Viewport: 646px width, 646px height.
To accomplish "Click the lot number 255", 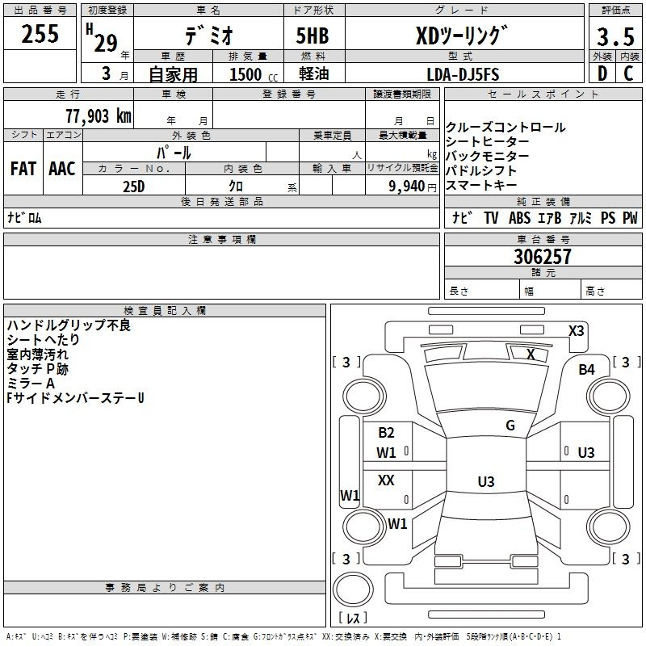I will pos(40,35).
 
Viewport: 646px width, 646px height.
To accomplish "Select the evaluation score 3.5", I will pos(614,38).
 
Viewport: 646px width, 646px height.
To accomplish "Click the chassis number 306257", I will pos(542,257).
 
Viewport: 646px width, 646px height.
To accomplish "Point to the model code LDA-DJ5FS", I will pos(463,74).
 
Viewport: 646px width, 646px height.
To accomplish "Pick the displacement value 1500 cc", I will pos(250,74).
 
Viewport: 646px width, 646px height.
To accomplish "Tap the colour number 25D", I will pos(133,187).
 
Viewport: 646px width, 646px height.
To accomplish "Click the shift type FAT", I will pos(23,169).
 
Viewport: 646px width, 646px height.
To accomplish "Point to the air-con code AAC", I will pos(61,169).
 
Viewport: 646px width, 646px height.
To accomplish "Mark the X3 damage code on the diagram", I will pos(576,330).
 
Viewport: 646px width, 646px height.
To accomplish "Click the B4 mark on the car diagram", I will pos(586,369).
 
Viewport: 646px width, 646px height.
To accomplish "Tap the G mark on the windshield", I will pos(510,425).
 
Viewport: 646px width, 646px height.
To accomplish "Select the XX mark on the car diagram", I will pos(386,480).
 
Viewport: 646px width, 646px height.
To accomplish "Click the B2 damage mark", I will pos(386,433).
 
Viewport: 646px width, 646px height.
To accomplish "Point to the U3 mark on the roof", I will pos(485,481).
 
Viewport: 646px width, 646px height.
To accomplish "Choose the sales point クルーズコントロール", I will pos(505,128).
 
